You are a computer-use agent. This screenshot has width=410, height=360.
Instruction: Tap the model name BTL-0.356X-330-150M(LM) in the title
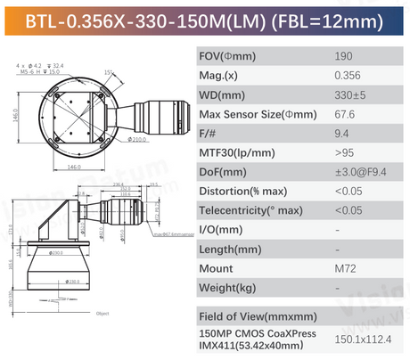[x=141, y=20]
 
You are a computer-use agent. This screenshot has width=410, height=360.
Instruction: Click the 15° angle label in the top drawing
[x=108, y=72]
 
